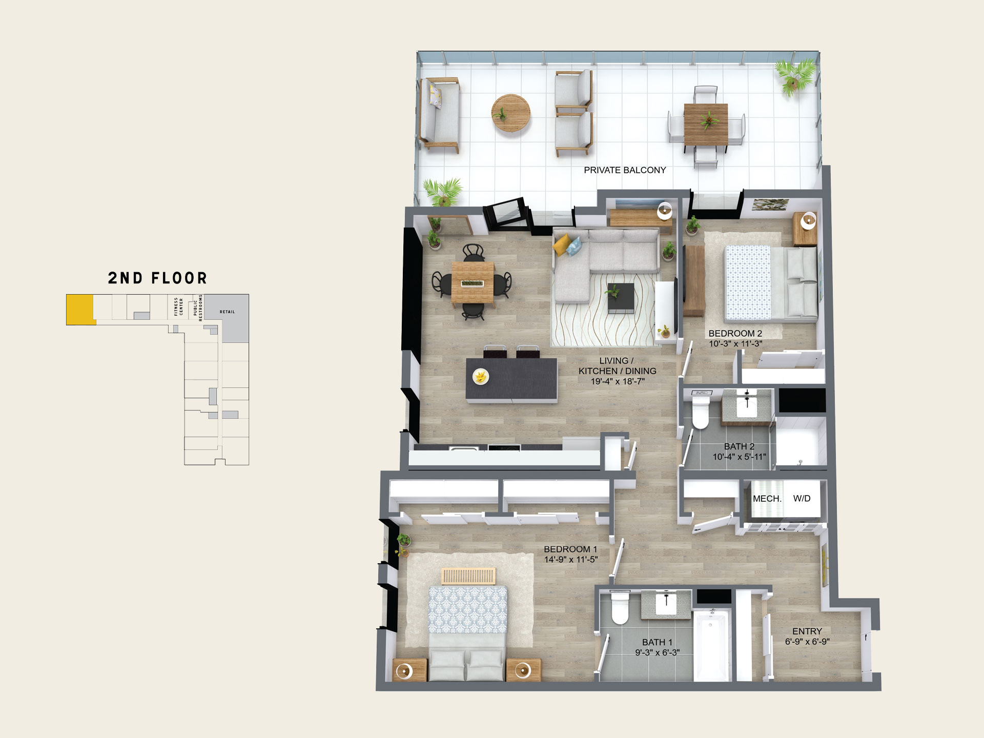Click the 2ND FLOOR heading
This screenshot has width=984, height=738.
pos(157,278)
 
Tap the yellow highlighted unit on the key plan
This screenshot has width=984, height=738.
pos(80,309)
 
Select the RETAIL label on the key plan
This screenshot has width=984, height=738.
pos(227,312)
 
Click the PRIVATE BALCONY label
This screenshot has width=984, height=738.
pos(625,170)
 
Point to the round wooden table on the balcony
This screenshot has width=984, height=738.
pos(510,113)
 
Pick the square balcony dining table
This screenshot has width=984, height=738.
pos(706,124)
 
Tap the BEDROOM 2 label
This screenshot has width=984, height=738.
pos(735,334)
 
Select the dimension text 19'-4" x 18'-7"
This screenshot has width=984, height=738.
pos(618,381)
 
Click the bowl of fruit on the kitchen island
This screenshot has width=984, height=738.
pos(481,377)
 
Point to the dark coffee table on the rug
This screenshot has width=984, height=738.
pos(621,298)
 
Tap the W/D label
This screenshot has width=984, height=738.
pos(802,499)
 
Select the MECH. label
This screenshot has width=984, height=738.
pos(767,499)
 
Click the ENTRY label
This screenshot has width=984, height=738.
pos(807,631)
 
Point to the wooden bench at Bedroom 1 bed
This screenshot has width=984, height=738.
pos(468,576)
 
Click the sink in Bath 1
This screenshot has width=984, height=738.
pos(666,604)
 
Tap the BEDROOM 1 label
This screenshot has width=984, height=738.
pos(570,549)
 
